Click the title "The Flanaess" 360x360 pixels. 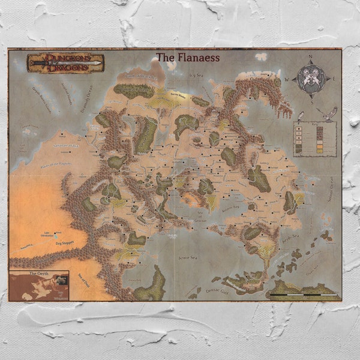(x=188, y=58)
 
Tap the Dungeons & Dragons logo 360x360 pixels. (x=65, y=63)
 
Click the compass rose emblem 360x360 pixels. (x=311, y=78)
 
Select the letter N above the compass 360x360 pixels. (x=311, y=58)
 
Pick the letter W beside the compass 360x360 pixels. (x=287, y=79)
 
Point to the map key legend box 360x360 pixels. (x=314, y=139)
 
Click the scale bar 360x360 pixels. (x=303, y=295)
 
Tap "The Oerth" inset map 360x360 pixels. (x=38, y=286)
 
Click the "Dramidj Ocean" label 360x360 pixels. (x=88, y=100)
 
